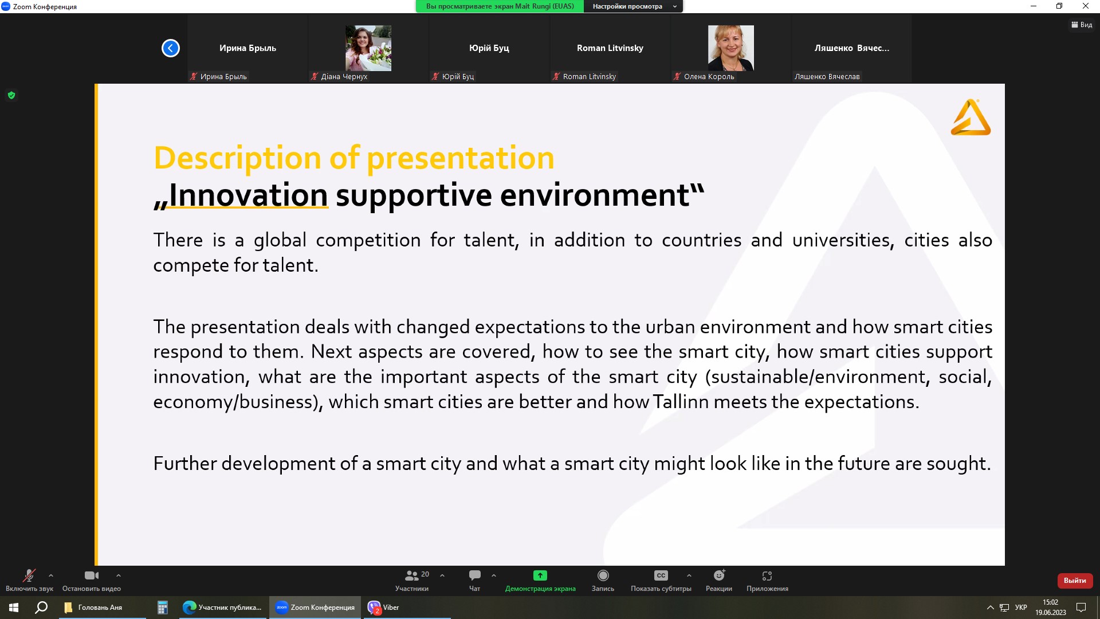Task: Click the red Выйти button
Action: pyautogui.click(x=1075, y=581)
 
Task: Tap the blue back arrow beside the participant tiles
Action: pyautogui.click(x=171, y=48)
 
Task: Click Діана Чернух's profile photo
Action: pyautogui.click(x=368, y=48)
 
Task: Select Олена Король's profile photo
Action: pyautogui.click(x=731, y=48)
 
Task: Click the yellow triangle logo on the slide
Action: pyautogui.click(x=971, y=117)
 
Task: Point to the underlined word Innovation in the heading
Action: pyautogui.click(x=248, y=195)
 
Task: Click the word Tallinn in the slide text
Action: pyautogui.click(x=681, y=401)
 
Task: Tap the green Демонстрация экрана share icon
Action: pyautogui.click(x=540, y=575)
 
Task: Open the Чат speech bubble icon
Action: pyautogui.click(x=475, y=575)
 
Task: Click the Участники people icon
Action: pyautogui.click(x=411, y=575)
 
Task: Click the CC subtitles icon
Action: pyautogui.click(x=661, y=575)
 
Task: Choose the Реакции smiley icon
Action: pyautogui.click(x=720, y=575)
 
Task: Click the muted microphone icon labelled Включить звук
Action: pyautogui.click(x=29, y=575)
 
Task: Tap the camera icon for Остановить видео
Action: pyautogui.click(x=92, y=575)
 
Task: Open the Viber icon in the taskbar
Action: pyautogui.click(x=374, y=608)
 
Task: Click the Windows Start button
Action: pyautogui.click(x=14, y=608)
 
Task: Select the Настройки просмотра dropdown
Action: pyautogui.click(x=634, y=6)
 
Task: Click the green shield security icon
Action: pyautogui.click(x=11, y=95)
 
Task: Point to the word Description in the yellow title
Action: pyautogui.click(x=238, y=158)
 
